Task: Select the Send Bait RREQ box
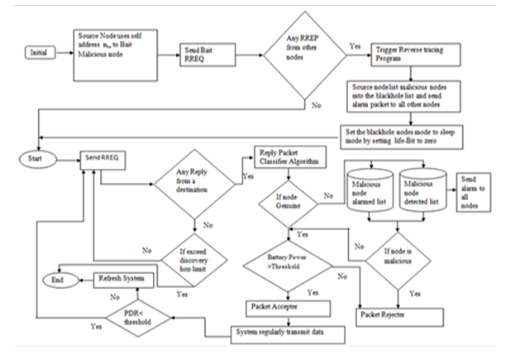pyautogui.click(x=203, y=57)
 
